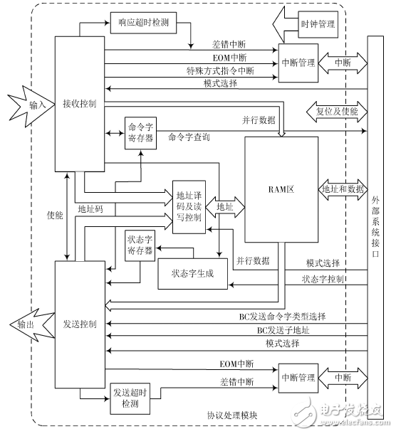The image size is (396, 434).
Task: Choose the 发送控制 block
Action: tap(80, 324)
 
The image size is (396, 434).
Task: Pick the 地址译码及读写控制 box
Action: tap(188, 206)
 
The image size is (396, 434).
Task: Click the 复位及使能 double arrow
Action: tap(335, 111)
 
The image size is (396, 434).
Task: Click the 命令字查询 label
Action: tap(189, 137)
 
